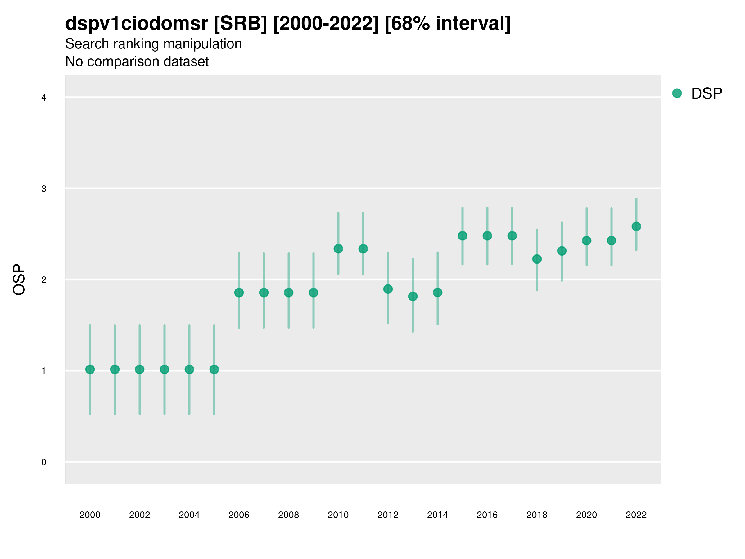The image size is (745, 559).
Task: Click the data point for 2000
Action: (90, 370)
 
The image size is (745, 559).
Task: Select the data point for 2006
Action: (239, 293)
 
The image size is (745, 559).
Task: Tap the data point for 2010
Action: (338, 249)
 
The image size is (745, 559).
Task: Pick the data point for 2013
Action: (413, 297)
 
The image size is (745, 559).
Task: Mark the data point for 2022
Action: (636, 226)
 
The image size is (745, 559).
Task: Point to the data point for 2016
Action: (487, 236)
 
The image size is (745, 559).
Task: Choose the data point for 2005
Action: (214, 370)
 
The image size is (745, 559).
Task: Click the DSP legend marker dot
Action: (677, 93)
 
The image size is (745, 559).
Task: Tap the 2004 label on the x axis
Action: (189, 515)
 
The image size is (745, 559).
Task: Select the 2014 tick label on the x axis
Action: (437, 515)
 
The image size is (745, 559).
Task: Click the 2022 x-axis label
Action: (636, 515)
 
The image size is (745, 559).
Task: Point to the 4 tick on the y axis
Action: (44, 98)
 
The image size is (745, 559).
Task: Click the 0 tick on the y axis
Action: (44, 462)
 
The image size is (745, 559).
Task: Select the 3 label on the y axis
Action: (44, 189)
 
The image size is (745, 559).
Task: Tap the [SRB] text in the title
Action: (241, 24)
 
